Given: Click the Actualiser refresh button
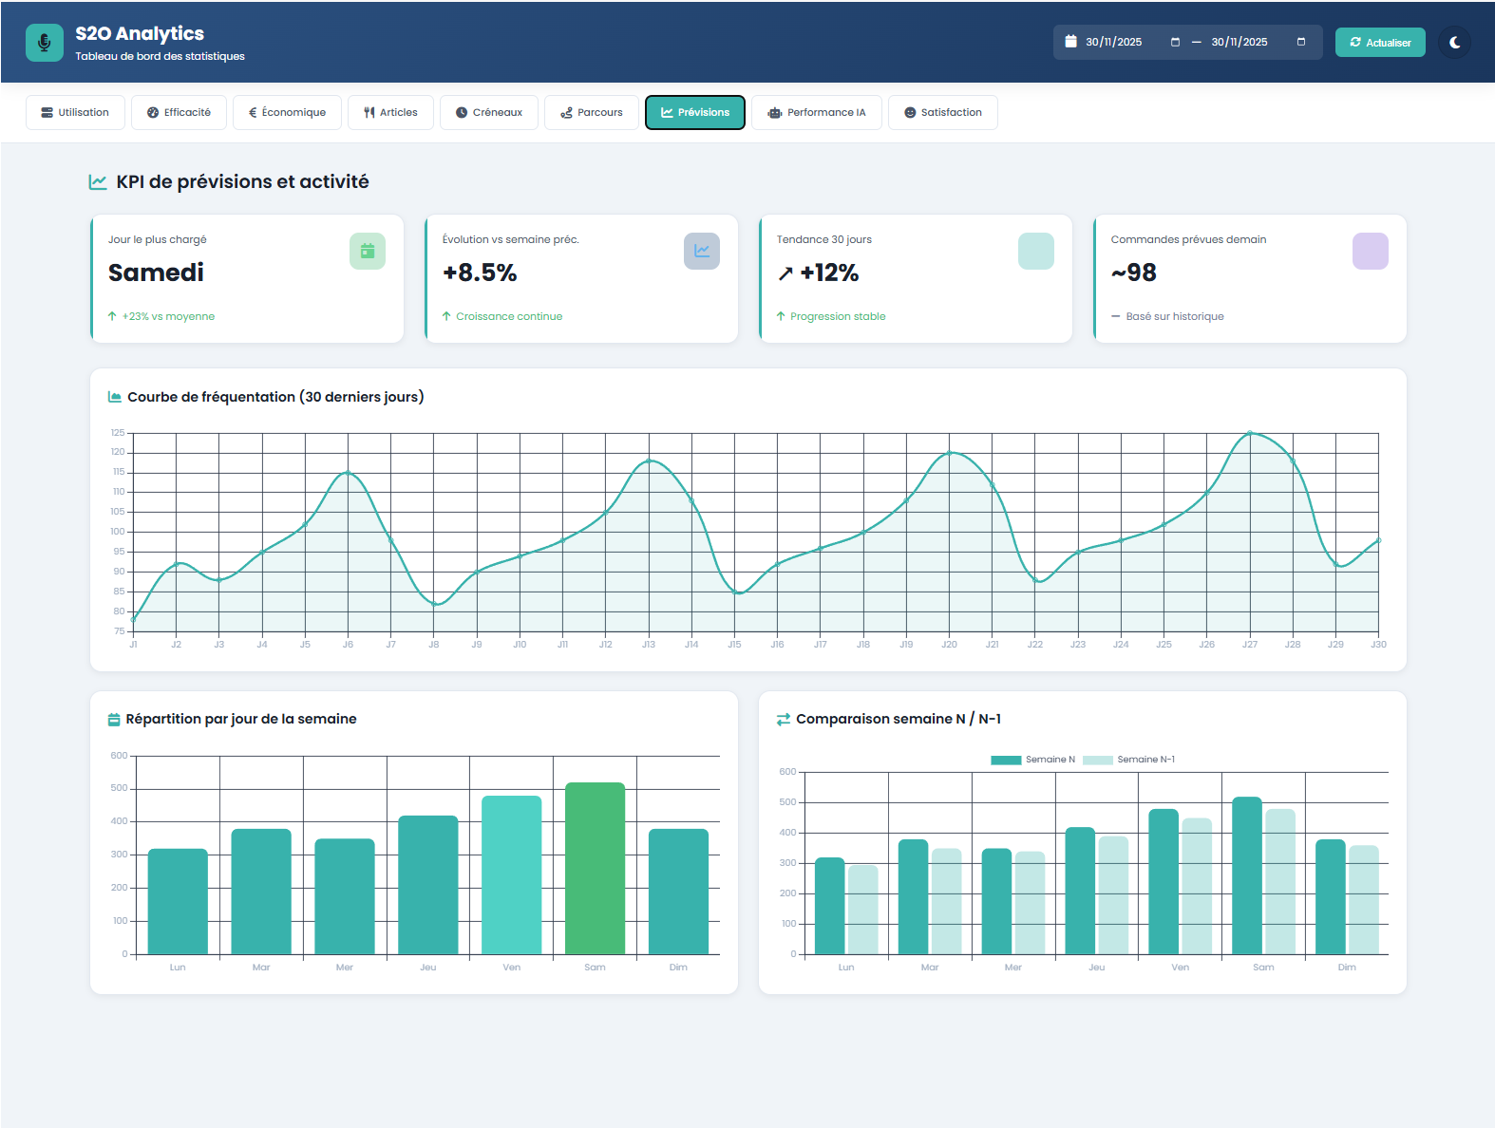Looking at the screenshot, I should [x=1379, y=43].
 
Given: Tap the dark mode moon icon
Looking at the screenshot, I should [x=1454, y=43].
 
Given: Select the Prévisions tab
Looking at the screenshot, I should [x=694, y=112].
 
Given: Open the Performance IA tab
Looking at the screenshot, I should [x=816, y=112].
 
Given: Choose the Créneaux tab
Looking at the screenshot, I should [x=488, y=112].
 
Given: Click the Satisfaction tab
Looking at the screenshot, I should [x=942, y=112].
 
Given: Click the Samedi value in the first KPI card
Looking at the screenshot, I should [x=156, y=273].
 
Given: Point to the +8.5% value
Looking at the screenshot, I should [x=480, y=273].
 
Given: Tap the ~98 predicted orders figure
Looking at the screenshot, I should [x=1133, y=273].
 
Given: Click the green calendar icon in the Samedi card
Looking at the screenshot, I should [x=367, y=251].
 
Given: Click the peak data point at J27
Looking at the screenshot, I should [x=1249, y=433].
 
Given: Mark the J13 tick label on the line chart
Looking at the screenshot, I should [x=648, y=645].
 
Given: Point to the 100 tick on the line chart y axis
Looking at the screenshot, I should [x=118, y=532].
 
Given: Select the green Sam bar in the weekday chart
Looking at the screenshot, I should [x=595, y=868].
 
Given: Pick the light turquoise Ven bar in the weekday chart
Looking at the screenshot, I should [x=511, y=874].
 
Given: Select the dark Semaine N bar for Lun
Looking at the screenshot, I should [x=829, y=906].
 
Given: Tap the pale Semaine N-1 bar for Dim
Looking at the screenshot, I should [x=1363, y=899].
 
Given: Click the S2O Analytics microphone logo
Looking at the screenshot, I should [x=44, y=43].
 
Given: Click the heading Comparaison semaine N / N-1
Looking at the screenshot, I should [x=898, y=719].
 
